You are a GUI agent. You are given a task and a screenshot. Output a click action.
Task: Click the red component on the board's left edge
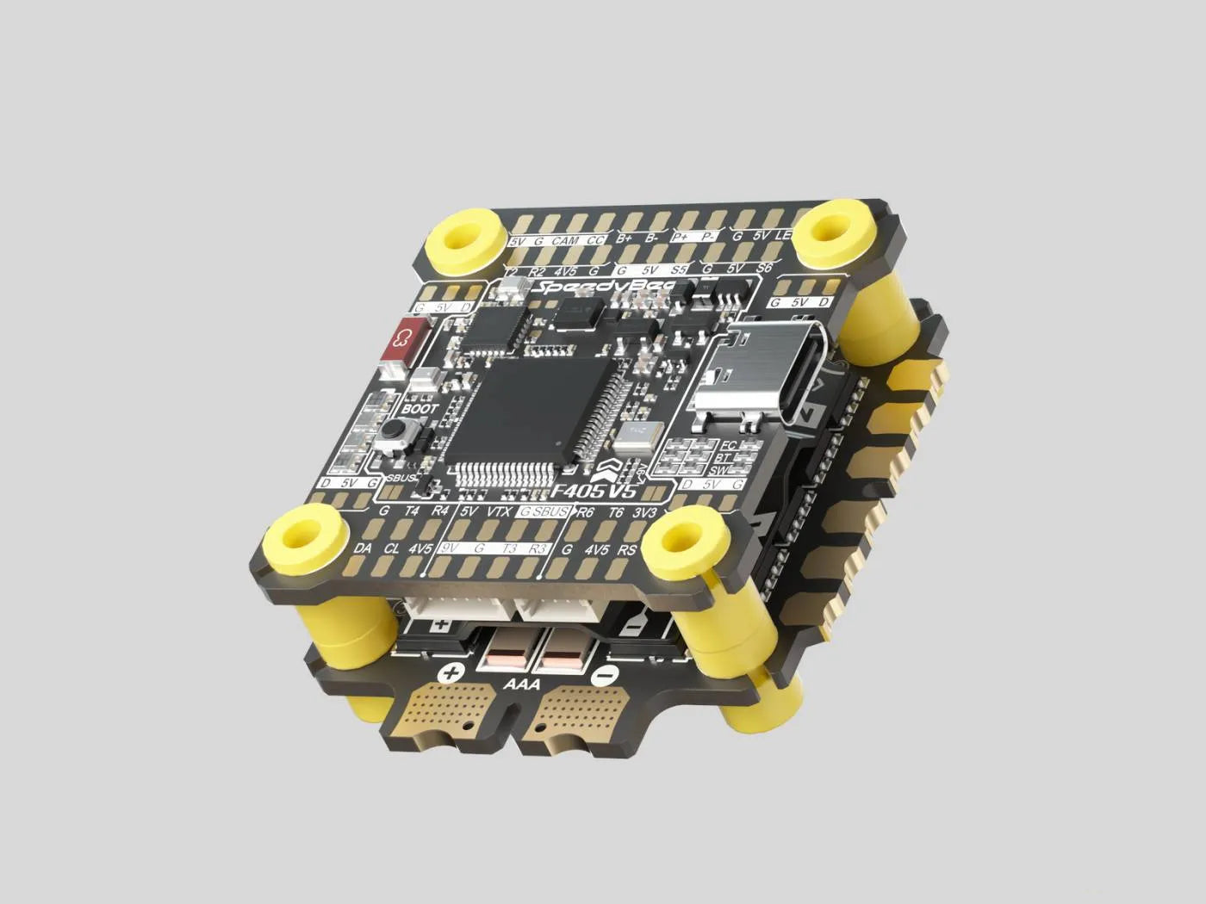click(405, 341)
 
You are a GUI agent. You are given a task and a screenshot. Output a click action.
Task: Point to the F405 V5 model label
click(594, 491)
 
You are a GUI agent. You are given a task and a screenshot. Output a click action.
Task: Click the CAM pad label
click(564, 241)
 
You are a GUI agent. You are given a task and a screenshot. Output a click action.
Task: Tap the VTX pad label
click(498, 511)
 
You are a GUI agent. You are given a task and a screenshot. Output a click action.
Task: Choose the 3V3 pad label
click(645, 513)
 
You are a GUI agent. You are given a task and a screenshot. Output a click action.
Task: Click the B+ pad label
click(625, 238)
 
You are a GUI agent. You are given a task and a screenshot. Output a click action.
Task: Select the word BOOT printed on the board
click(420, 408)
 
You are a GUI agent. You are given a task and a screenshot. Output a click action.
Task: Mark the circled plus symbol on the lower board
click(451, 674)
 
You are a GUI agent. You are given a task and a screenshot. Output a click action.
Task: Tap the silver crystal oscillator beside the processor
click(637, 435)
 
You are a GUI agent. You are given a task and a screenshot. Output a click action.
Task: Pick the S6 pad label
click(763, 268)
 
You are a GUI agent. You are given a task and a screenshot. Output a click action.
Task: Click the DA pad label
click(363, 548)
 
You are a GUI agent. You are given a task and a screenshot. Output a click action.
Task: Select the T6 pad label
click(616, 512)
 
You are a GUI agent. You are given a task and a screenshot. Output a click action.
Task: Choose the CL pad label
click(392, 548)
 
